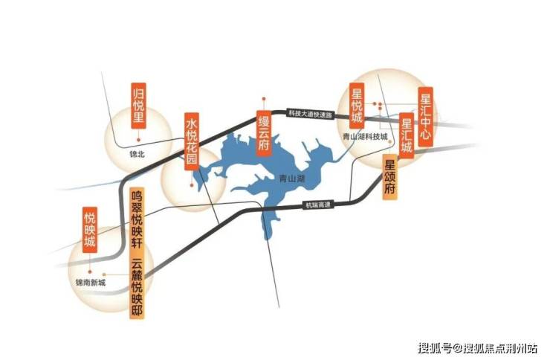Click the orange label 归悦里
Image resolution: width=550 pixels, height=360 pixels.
tap(138, 106)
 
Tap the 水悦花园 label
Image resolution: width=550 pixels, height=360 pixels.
tap(192, 141)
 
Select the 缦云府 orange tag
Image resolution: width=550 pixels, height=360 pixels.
tap(264, 133)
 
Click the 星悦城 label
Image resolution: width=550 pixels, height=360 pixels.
tap(357, 106)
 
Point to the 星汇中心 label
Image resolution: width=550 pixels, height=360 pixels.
tap(425, 117)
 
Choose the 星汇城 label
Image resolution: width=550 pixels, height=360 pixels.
tap(407, 135)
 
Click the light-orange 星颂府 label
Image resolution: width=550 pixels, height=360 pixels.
tap(389, 177)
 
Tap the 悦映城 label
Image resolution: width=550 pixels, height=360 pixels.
tap(90, 230)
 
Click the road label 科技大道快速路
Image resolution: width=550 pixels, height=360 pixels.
tap(310, 113)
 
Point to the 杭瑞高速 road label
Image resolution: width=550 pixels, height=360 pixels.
tap(318, 205)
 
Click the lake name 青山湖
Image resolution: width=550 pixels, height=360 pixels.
tap(292, 179)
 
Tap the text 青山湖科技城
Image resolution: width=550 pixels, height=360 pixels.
tap(366, 137)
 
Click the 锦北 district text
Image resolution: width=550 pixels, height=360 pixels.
tap(137, 154)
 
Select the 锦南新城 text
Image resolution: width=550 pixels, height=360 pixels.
tap(91, 282)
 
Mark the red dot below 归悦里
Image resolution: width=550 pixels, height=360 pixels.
tap(138, 140)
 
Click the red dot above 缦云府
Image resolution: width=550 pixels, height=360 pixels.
tap(264, 99)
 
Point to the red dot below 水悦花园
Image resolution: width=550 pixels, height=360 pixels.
tap(192, 185)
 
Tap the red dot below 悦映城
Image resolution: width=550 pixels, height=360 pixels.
tap(90, 271)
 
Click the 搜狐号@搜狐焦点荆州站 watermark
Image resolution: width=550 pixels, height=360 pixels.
tap(477, 348)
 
